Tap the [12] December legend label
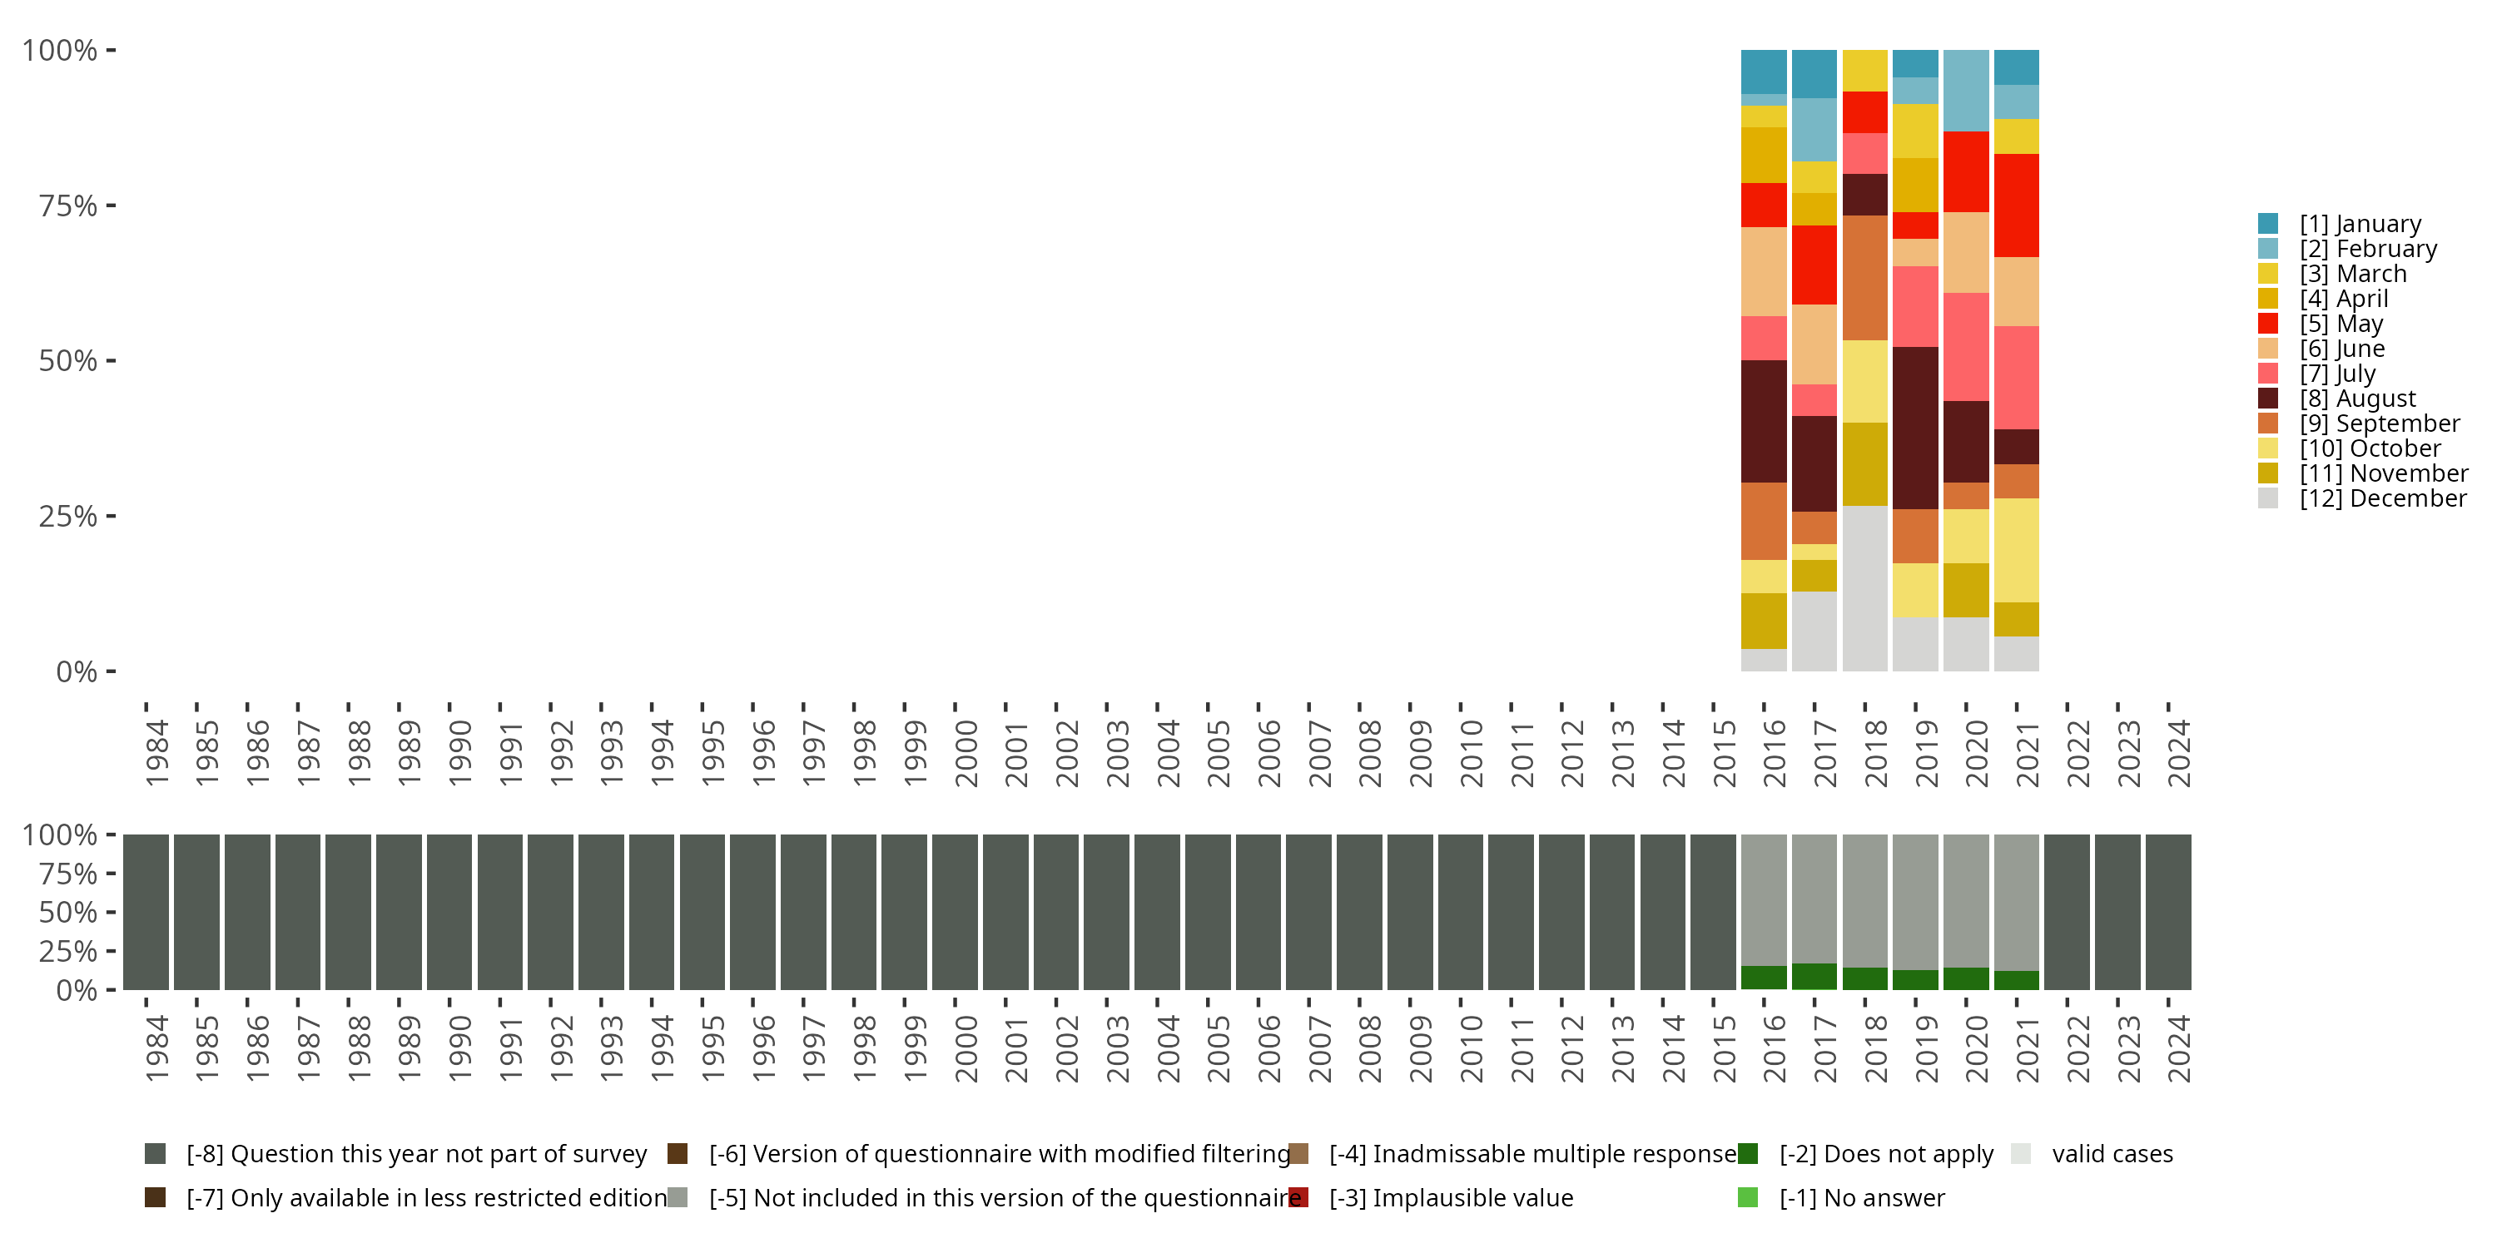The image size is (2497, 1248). pos(2381,498)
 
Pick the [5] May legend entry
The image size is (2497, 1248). pos(2340,324)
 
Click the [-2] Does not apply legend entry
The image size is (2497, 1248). pos(1886,1154)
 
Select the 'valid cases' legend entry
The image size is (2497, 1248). pos(2111,1154)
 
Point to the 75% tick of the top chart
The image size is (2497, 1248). pos(68,206)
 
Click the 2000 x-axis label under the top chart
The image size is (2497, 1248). pos(966,753)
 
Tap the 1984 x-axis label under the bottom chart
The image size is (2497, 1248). pos(157,1048)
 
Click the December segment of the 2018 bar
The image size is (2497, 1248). pos(1865,587)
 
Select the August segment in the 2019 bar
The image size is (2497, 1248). pos(1915,428)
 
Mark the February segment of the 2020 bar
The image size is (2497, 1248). pos(1966,91)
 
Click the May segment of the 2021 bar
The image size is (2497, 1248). pos(2016,206)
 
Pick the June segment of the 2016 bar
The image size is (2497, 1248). pos(1763,271)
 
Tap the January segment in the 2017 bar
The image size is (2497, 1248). pos(1814,74)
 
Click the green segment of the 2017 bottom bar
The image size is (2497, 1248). pos(1814,976)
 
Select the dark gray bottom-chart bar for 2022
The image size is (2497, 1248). pos(2068,912)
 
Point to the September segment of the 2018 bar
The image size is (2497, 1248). pos(1865,278)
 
